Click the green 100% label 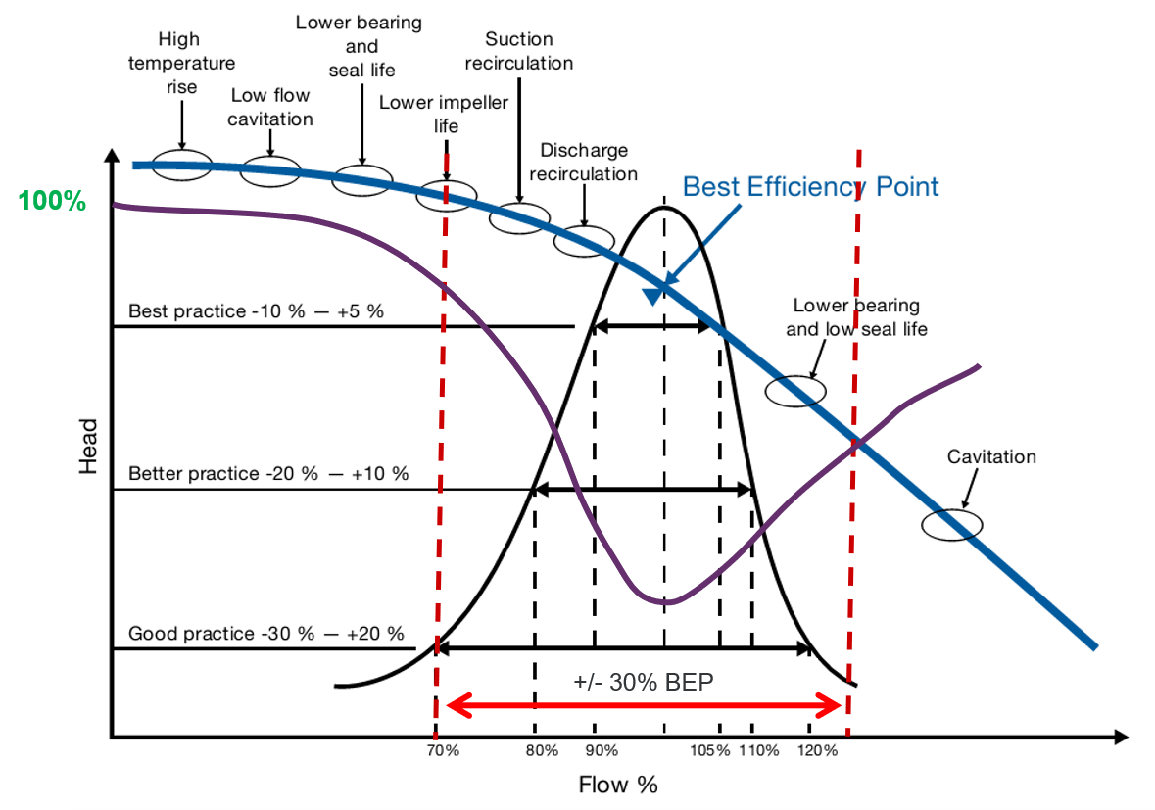coord(52,202)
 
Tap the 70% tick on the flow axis coord(442,750)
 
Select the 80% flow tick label coord(541,750)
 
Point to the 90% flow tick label coord(602,750)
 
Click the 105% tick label coord(709,750)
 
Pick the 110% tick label coord(758,750)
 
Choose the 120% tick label coord(817,750)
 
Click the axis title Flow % coord(617,785)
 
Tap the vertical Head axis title coord(89,447)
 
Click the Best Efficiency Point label coord(810,186)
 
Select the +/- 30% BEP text coord(644,683)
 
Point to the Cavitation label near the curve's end coord(990,456)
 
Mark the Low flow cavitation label coord(270,107)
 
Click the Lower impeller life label coord(445,114)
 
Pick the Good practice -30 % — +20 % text coord(266,633)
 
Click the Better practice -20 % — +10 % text coord(268,473)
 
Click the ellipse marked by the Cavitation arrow coord(951,524)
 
